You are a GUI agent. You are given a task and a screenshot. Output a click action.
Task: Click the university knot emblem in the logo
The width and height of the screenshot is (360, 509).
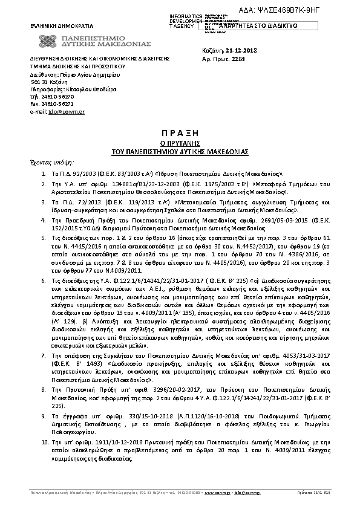click(x=48, y=42)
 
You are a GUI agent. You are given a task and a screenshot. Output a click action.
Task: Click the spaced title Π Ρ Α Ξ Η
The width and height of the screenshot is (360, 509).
click(x=177, y=131)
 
